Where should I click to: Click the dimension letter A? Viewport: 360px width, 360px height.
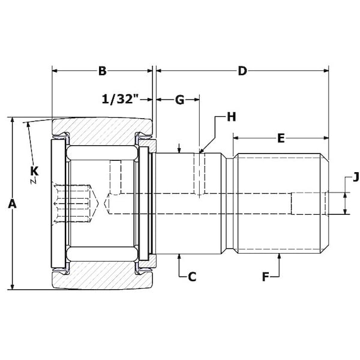point(11,204)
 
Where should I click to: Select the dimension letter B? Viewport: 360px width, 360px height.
point(102,71)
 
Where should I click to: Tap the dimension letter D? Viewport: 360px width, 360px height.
point(242,71)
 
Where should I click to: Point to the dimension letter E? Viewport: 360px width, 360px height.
point(280,139)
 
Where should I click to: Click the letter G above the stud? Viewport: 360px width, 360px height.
point(179,100)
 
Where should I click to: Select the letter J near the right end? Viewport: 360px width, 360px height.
point(356,177)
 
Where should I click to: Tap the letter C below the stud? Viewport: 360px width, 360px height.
point(192,277)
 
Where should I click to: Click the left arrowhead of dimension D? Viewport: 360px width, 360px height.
point(159,71)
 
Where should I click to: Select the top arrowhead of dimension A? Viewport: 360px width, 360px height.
point(12,121)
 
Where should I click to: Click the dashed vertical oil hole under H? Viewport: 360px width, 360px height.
point(200,174)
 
